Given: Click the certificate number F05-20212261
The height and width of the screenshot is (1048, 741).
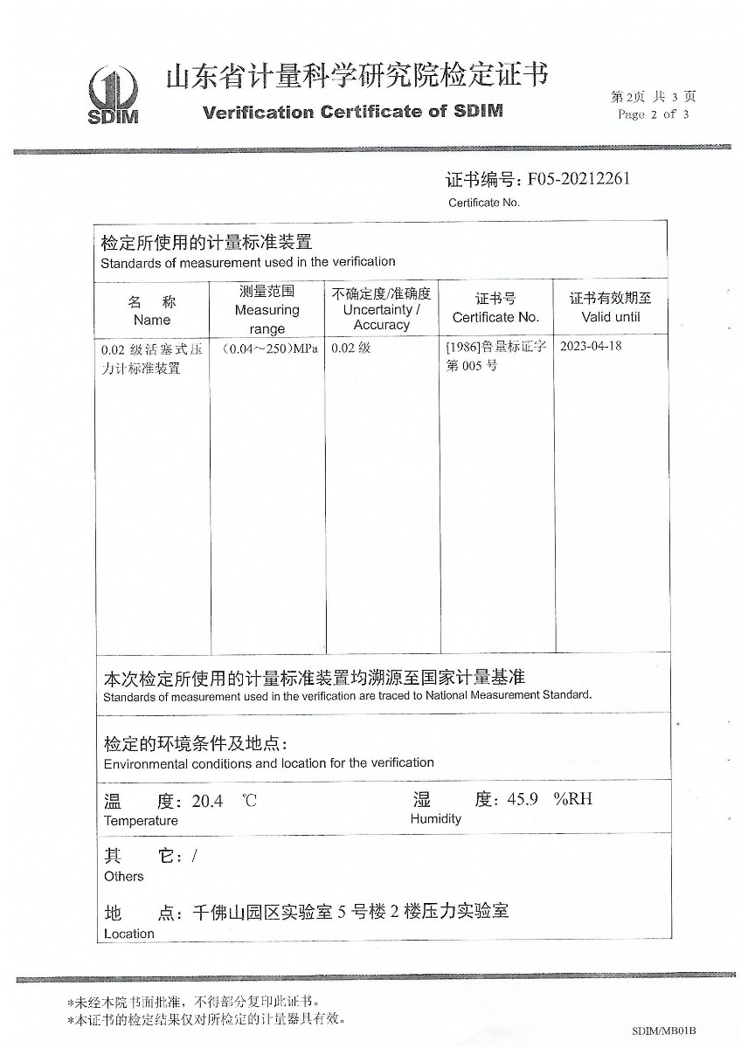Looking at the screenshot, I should click(x=579, y=179).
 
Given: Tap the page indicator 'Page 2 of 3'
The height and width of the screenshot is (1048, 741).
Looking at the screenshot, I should click(x=653, y=114).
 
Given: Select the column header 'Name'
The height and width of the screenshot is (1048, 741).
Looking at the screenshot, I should click(x=151, y=320).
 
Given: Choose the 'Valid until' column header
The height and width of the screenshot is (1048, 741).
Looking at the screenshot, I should click(x=611, y=317).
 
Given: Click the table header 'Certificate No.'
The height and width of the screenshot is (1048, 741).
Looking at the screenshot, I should click(x=495, y=317).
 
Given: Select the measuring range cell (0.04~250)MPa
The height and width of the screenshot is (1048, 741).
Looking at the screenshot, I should click(x=269, y=348).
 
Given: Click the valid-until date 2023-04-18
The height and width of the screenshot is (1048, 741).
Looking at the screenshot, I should click(x=591, y=346).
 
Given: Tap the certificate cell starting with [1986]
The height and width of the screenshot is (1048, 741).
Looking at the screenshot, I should click(x=495, y=355).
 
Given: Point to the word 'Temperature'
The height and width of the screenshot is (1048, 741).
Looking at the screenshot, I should click(x=141, y=821).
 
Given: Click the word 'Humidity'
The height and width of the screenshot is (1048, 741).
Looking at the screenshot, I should click(x=435, y=819).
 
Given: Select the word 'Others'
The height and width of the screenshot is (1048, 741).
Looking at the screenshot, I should click(x=123, y=876).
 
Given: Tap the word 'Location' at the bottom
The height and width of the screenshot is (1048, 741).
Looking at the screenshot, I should click(x=128, y=934).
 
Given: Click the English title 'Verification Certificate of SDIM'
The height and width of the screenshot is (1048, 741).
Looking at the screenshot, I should click(x=352, y=112).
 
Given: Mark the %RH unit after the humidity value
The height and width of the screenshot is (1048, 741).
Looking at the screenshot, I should click(x=573, y=799).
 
